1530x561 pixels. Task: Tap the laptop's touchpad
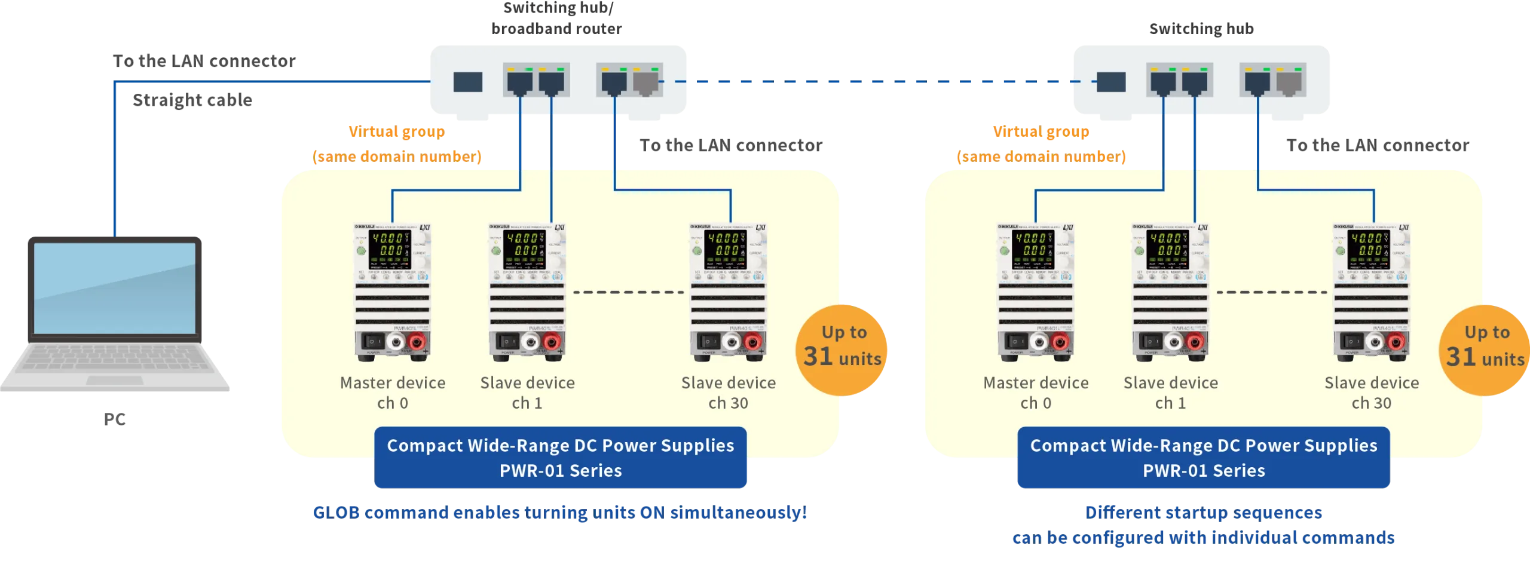(x=114, y=380)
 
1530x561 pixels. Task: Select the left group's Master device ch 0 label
(x=393, y=393)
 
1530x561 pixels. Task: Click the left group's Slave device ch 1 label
(x=527, y=393)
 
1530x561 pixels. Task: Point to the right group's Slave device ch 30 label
(x=1371, y=393)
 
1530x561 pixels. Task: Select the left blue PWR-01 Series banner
(x=561, y=458)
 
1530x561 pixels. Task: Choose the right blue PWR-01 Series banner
(x=1204, y=458)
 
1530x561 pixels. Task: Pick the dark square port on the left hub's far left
(x=467, y=82)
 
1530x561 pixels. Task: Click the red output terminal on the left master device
(x=417, y=342)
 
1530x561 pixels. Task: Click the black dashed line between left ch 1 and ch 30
(x=628, y=292)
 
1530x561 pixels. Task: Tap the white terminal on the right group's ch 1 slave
(x=1172, y=342)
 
